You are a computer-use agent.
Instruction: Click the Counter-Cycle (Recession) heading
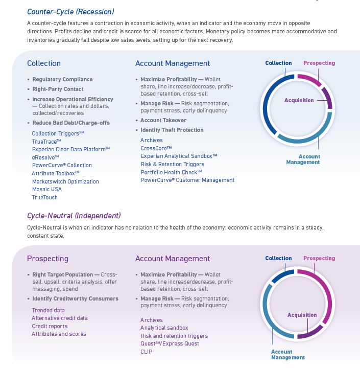click(x=70, y=11)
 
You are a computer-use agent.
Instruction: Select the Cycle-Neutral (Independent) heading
click(x=74, y=215)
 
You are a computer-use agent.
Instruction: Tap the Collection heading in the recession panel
click(x=44, y=63)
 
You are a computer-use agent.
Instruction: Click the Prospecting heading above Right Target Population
click(x=47, y=259)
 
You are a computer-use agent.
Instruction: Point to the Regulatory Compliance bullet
click(x=62, y=79)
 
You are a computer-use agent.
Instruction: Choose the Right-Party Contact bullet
click(x=58, y=89)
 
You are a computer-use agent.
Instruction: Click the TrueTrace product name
click(x=46, y=142)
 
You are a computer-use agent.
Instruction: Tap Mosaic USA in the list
click(x=47, y=189)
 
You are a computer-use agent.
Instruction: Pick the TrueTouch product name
click(x=45, y=197)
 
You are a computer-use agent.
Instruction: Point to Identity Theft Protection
click(x=172, y=130)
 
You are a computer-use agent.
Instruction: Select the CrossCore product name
click(x=156, y=148)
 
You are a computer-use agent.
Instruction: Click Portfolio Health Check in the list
click(x=172, y=172)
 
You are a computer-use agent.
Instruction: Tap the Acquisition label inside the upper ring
click(x=299, y=100)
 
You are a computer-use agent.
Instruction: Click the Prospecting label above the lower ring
click(x=319, y=258)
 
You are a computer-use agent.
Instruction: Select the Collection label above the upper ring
click(x=278, y=63)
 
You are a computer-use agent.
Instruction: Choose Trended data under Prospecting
click(x=49, y=310)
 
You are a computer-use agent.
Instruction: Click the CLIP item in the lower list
click(x=147, y=352)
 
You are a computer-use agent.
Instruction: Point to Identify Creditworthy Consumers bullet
click(x=75, y=298)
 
